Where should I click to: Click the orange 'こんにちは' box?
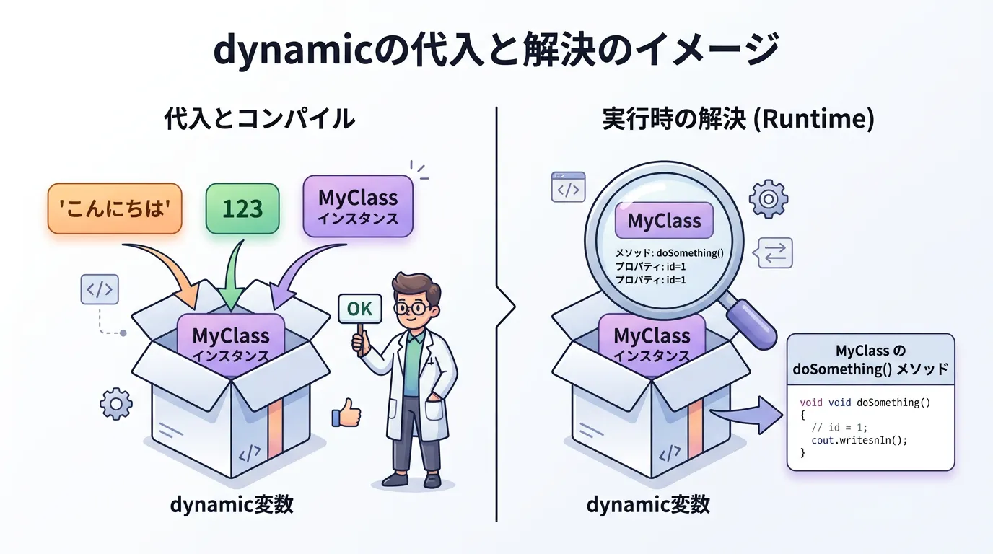[x=115, y=208]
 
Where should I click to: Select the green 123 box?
[x=242, y=208]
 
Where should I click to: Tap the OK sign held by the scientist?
[x=359, y=309]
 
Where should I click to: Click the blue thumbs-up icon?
[x=346, y=415]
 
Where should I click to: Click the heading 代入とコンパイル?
[x=260, y=118]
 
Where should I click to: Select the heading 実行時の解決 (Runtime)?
[x=738, y=118]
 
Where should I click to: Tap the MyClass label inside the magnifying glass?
[x=664, y=221]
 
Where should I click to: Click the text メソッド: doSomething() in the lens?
[x=669, y=253]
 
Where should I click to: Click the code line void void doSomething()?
[x=865, y=402]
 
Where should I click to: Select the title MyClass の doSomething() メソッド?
[x=870, y=360]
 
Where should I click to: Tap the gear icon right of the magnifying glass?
[x=768, y=199]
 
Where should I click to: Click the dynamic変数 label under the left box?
[x=232, y=504]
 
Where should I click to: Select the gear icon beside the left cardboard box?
[x=115, y=404]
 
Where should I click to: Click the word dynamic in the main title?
[x=287, y=51]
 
